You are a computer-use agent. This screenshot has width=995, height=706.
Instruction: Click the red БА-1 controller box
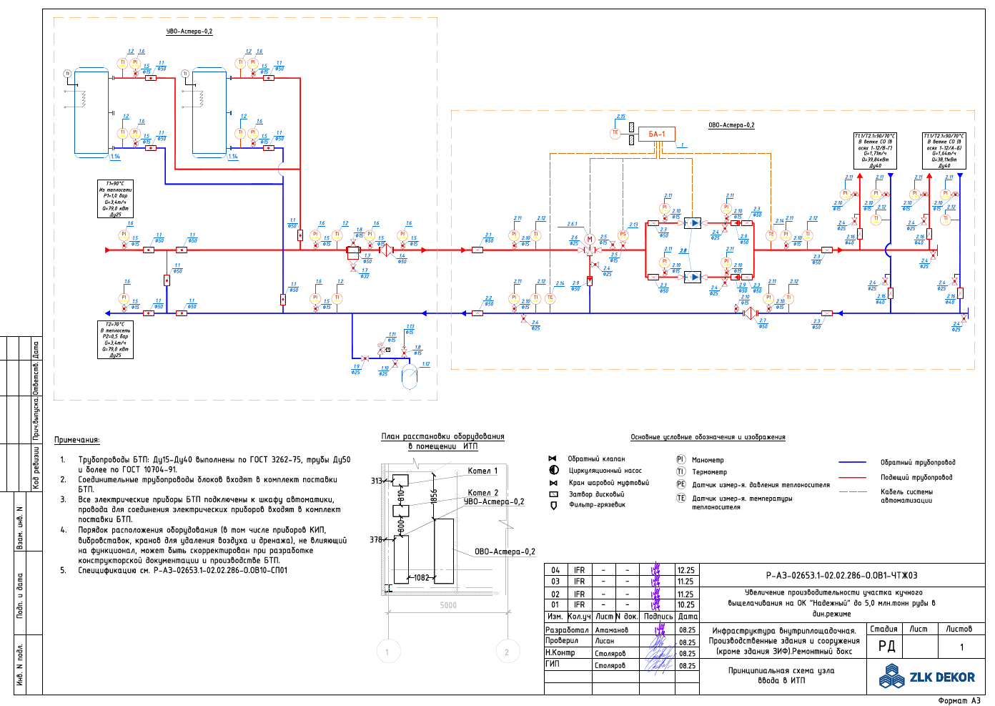tap(656, 134)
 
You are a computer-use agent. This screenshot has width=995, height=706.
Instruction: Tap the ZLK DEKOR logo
tap(927, 677)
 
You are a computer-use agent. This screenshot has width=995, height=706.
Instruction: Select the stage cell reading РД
tap(886, 646)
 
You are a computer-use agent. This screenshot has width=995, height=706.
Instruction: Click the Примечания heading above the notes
tap(77, 440)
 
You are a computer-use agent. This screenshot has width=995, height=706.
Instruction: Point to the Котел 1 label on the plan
tap(482, 471)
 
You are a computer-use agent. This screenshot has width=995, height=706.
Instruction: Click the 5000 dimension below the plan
tap(448, 605)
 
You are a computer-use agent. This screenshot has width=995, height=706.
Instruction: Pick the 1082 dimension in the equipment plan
tap(422, 577)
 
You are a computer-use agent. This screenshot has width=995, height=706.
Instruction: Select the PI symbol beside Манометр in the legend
tap(680, 460)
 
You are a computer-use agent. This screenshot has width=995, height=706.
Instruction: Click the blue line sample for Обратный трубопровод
tap(852, 463)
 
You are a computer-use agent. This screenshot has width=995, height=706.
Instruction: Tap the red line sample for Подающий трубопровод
tap(852, 477)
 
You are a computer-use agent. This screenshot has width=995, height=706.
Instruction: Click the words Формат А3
tap(959, 700)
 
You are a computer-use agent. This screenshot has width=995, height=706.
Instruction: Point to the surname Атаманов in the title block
tap(611, 630)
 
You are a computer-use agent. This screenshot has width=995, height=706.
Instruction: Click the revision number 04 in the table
tap(555, 570)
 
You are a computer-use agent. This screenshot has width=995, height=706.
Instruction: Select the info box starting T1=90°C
tap(115, 199)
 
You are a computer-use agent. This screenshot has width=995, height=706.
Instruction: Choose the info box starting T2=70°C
tap(115, 339)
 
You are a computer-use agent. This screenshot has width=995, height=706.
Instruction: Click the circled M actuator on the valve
tap(590, 240)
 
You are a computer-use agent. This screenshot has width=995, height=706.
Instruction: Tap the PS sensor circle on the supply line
tap(623, 235)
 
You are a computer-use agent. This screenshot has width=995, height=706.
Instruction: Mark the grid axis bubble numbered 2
tap(507, 652)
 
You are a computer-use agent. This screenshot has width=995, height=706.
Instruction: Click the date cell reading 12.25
tap(685, 570)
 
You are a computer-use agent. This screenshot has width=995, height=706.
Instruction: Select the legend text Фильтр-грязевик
tap(597, 505)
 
